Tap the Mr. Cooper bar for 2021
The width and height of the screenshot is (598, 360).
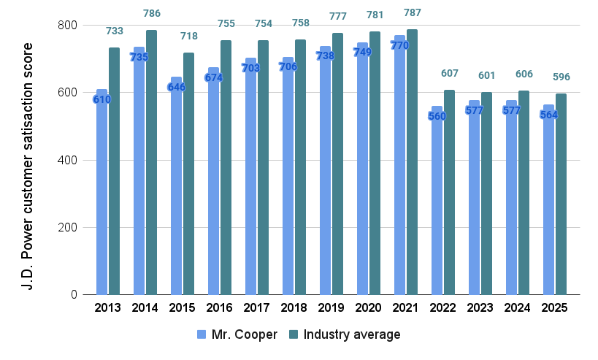(x=399, y=175)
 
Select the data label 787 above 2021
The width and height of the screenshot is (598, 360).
(x=412, y=13)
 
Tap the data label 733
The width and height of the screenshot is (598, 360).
(x=114, y=31)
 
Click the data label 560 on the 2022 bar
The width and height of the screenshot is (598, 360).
(x=437, y=117)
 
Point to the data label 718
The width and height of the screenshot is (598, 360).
(x=188, y=37)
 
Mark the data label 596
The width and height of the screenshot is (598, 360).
(x=561, y=77)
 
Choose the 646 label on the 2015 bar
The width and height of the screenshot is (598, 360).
(x=176, y=87)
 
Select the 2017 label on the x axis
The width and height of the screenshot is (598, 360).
(x=256, y=308)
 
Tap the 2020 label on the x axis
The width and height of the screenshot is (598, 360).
(x=368, y=308)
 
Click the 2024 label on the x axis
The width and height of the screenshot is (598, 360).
(x=517, y=308)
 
